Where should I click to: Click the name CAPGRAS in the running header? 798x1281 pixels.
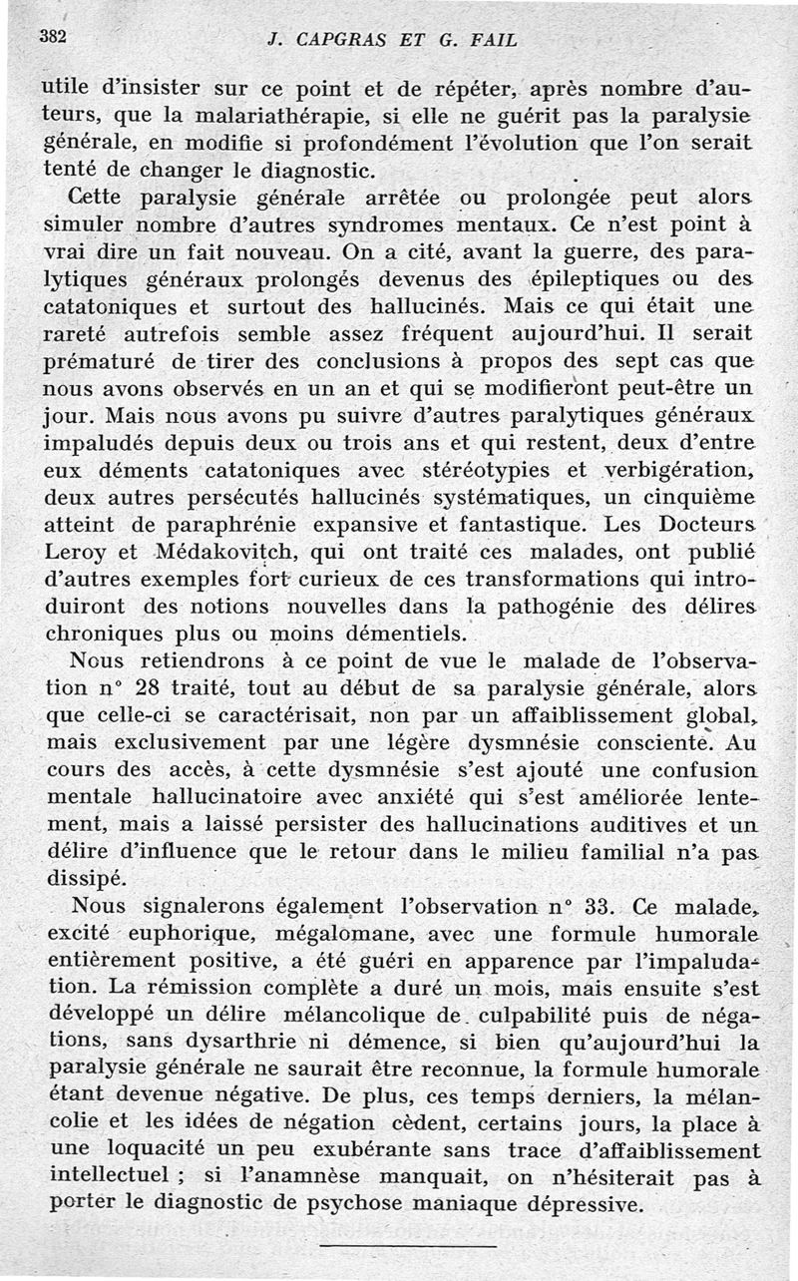pos(336,41)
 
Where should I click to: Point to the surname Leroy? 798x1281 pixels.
pos(76,550)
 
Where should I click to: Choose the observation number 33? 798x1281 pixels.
pos(581,908)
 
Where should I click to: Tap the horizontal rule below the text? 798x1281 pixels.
pos(406,1246)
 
